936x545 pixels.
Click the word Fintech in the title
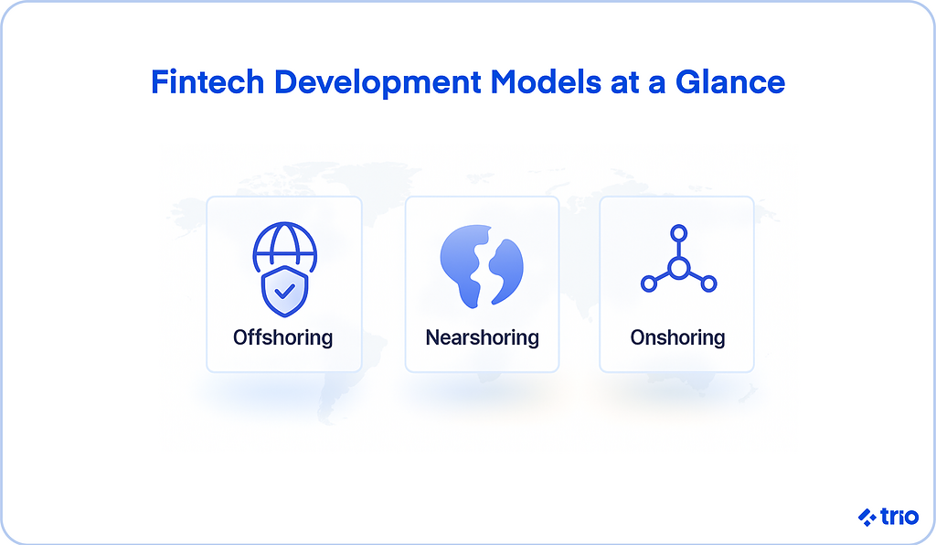207,81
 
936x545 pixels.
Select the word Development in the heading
378,83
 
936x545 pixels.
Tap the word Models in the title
546,81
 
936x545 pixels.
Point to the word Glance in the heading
730,81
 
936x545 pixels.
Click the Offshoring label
283,337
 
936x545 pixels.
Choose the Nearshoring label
483,337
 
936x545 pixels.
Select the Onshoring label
677,337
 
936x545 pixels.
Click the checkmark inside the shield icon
285,292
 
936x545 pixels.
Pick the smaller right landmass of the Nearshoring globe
507,270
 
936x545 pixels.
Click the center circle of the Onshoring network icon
679,268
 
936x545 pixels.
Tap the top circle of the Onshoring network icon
679,233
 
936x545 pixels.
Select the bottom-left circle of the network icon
649,283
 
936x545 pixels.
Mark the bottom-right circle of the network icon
708,283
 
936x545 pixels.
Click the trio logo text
899,517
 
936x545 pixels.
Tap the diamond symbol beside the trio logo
867,517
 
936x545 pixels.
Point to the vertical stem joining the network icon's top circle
679,250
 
